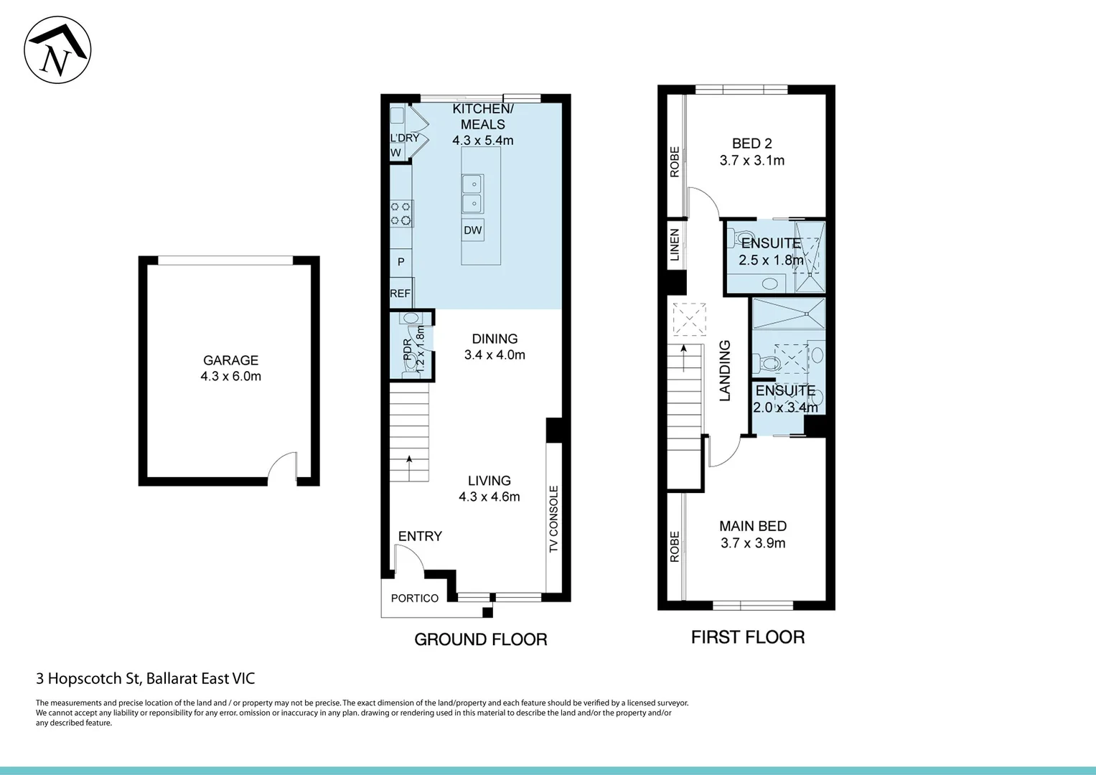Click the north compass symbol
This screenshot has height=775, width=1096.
click(x=57, y=50)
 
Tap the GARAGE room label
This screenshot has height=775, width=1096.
click(x=230, y=360)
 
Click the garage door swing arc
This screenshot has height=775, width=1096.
click(x=283, y=466)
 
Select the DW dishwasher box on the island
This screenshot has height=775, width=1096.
click(x=472, y=230)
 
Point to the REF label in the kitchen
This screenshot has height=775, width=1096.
click(x=400, y=293)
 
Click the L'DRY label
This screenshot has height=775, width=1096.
click(x=404, y=138)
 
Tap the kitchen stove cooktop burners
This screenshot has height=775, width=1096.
click(x=401, y=214)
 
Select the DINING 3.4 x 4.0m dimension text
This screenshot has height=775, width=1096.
click(x=495, y=354)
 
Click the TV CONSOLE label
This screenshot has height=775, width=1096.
click(x=553, y=519)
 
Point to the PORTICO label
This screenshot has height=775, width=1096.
click(x=415, y=598)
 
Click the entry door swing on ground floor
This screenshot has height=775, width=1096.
click(x=408, y=558)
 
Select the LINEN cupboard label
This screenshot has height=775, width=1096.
click(x=674, y=245)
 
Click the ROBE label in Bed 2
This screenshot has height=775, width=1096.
click(x=674, y=162)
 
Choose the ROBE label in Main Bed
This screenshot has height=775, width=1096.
click(x=674, y=547)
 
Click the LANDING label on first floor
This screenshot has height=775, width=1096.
click(x=725, y=370)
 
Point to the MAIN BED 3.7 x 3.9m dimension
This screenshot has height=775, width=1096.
click(x=753, y=543)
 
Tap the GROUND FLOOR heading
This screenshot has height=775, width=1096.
click(x=481, y=639)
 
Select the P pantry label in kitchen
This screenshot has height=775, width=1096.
click(x=401, y=262)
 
